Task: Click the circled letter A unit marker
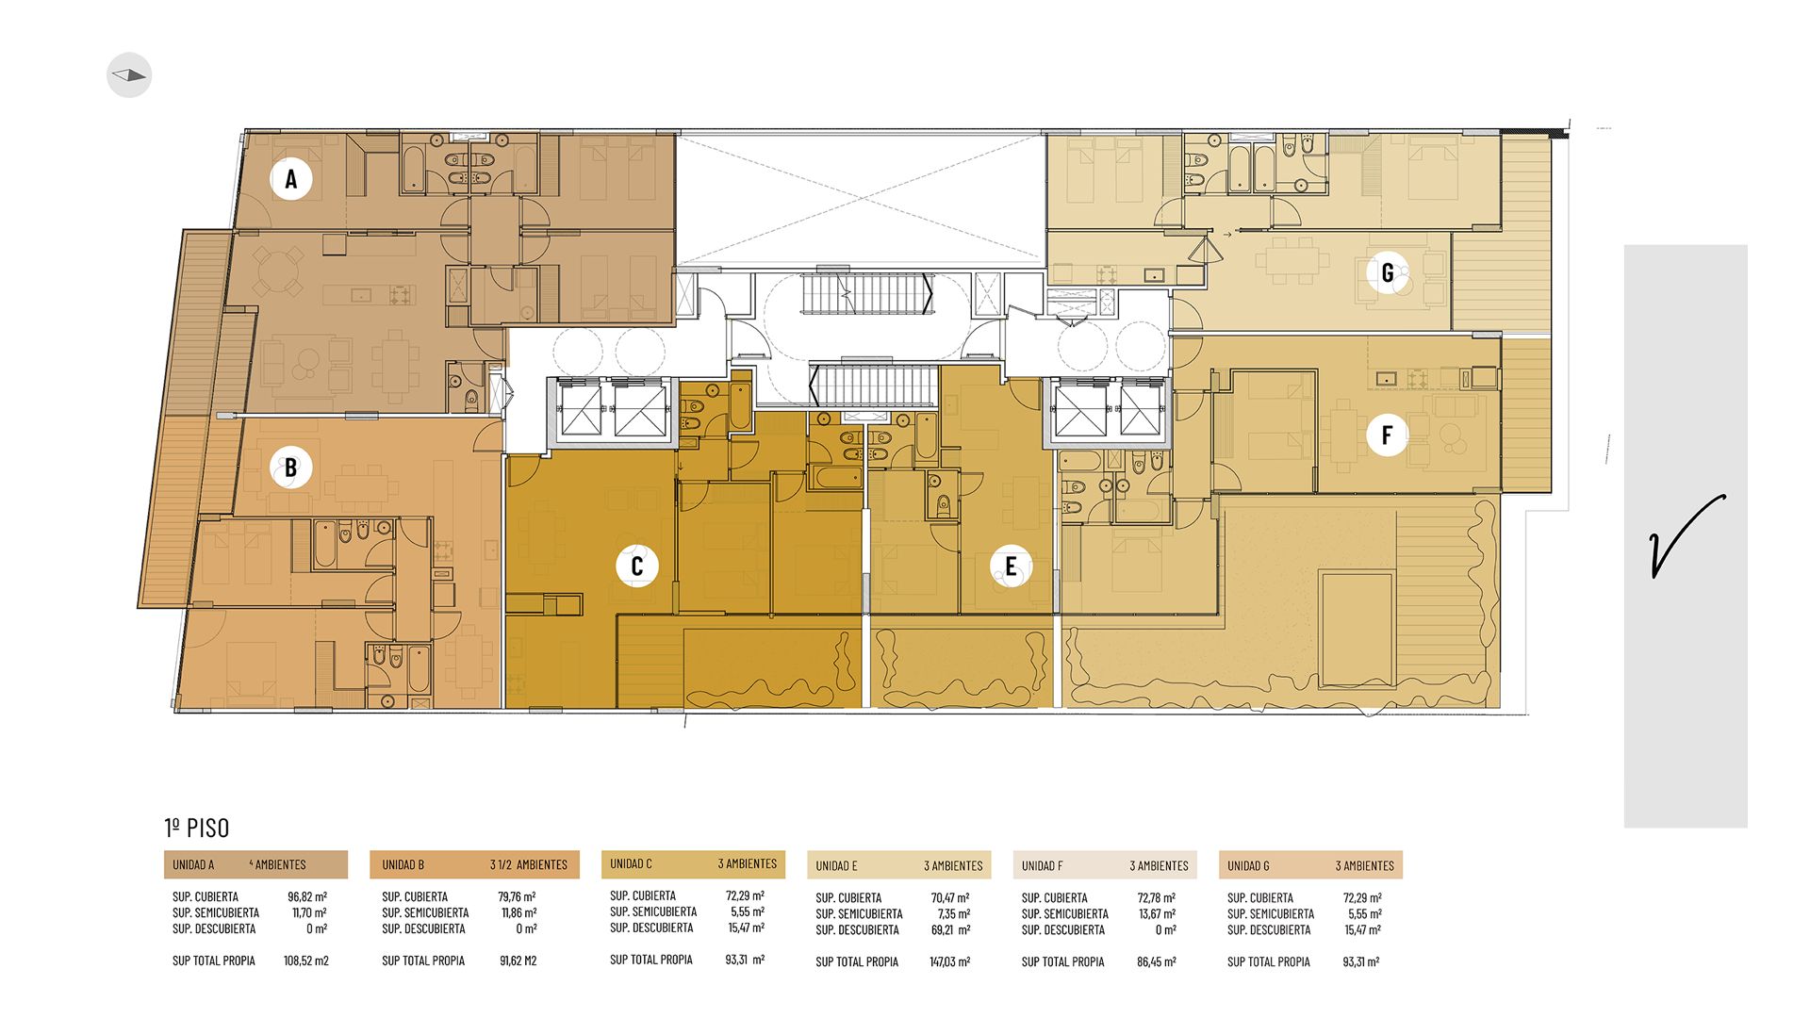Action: click(291, 178)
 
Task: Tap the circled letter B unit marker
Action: click(290, 467)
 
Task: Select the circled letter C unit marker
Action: click(636, 566)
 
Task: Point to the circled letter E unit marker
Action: click(1011, 566)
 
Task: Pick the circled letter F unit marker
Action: click(1387, 435)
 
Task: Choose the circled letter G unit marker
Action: click(1388, 272)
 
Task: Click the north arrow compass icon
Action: click(129, 75)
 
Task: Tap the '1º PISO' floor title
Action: click(197, 828)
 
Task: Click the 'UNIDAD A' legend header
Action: click(193, 864)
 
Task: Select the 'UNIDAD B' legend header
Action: click(403, 864)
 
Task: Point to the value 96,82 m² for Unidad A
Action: click(307, 896)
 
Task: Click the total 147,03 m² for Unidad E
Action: click(950, 961)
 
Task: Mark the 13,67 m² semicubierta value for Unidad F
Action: click(1157, 913)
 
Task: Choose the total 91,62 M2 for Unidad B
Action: click(518, 961)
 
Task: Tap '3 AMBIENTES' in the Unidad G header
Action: click(1364, 865)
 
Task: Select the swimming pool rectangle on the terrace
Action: click(1357, 629)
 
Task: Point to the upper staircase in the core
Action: click(867, 294)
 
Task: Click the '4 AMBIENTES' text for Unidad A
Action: click(278, 864)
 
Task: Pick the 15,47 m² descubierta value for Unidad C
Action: click(746, 928)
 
